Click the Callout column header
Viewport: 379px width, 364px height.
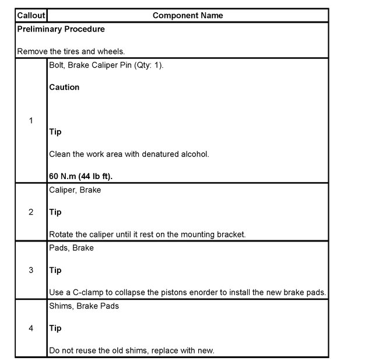pos(31,15)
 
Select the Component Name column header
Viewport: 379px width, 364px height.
pos(187,15)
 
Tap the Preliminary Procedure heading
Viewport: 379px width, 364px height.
pos(61,29)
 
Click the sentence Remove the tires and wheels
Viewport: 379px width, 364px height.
pos(70,51)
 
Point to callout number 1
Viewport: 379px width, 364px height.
pos(31,121)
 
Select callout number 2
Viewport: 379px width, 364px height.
pos(31,212)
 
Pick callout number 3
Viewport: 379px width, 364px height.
pos(31,270)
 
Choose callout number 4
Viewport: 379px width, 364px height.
pos(31,328)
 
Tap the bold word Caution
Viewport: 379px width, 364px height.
pos(64,87)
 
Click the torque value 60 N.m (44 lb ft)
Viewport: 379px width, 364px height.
pos(88,176)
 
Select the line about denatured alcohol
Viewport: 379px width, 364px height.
pos(129,154)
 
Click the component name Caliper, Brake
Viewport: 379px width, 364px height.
pos(75,190)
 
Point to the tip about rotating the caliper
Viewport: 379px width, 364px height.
pos(148,235)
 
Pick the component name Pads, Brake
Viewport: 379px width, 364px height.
pos(71,248)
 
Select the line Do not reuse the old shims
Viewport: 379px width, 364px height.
pos(132,351)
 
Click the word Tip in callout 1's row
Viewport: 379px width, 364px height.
pos(55,132)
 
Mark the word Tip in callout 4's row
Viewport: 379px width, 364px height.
pos(55,328)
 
